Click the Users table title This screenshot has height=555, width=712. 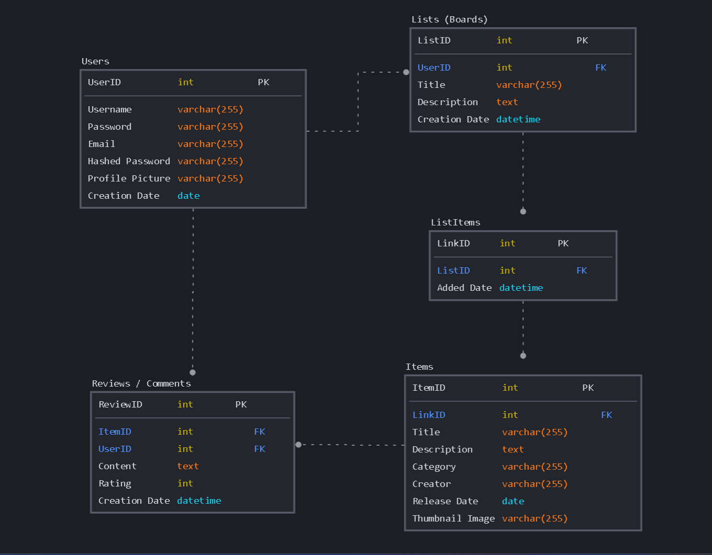[95, 61]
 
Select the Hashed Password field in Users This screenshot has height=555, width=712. [129, 161]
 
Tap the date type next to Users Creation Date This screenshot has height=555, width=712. [188, 196]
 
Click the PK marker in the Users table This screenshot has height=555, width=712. [263, 82]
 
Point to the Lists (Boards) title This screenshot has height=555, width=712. [449, 19]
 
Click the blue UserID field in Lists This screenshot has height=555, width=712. [434, 67]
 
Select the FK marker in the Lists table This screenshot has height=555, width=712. [601, 67]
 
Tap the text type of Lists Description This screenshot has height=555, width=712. [507, 102]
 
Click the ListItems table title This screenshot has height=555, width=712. [455, 222]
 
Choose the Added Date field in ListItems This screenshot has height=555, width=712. [464, 288]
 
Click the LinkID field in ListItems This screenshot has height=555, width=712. [453, 243]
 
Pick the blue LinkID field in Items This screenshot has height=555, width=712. [428, 415]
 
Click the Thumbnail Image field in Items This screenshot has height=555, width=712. [453, 518]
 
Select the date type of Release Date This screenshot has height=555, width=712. [513, 501]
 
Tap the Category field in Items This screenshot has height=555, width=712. [434, 467]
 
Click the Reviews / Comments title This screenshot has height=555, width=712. [141, 383]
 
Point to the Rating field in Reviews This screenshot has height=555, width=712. [115, 483]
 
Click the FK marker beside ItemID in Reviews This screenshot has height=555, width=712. [259, 432]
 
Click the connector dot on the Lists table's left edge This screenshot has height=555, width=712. [406, 72]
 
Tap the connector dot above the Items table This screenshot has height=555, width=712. [523, 356]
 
